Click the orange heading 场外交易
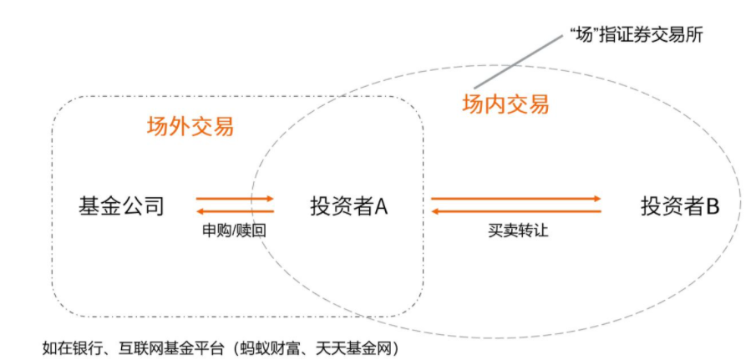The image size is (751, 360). click(190, 127)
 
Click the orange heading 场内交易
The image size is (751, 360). click(505, 104)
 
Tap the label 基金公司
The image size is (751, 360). click(121, 206)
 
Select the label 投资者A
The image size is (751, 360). click(348, 206)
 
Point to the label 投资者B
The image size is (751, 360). click(680, 206)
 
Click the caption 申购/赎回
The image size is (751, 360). click(234, 231)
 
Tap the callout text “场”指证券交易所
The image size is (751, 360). click(637, 35)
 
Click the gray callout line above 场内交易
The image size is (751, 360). click(519, 62)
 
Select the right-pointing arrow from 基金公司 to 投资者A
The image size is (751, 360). click(235, 198)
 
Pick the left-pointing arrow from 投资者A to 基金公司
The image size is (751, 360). click(235, 211)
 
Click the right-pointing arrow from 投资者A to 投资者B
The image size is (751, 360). click(516, 198)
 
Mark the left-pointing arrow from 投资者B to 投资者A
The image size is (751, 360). click(516, 211)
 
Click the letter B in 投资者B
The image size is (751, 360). click(713, 206)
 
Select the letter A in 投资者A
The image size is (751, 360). click(381, 206)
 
